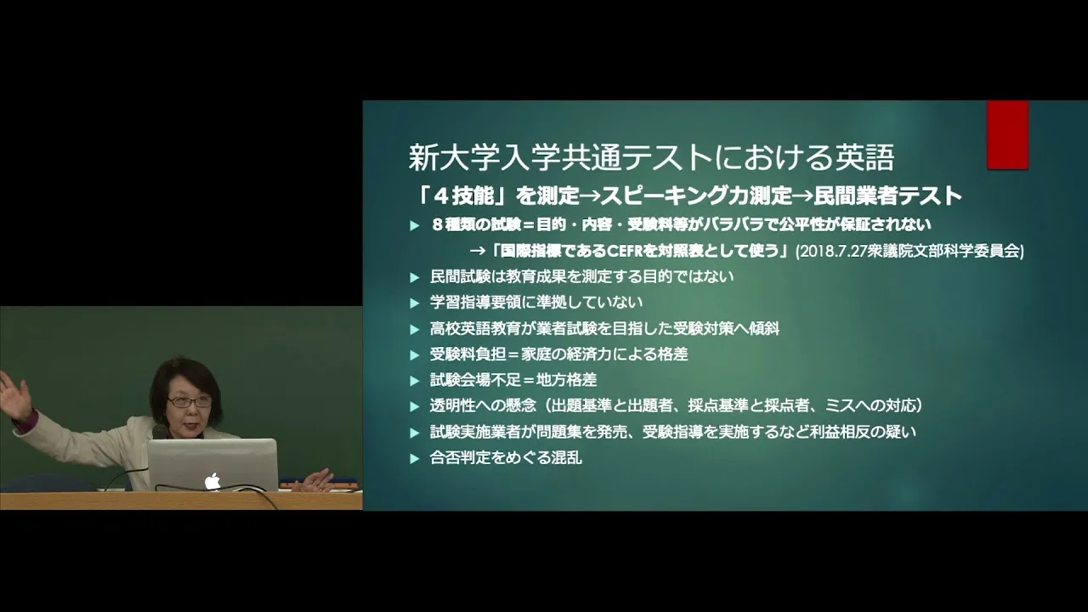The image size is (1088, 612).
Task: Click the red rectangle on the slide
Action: tap(1008, 135)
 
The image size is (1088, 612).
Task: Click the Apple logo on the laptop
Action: tap(212, 481)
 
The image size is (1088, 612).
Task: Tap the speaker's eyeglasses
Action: tap(189, 402)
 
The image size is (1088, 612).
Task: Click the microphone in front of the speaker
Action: tap(159, 431)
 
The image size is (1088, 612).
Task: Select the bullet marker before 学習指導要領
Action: tap(414, 303)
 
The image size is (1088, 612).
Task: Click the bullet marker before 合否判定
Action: tap(414, 458)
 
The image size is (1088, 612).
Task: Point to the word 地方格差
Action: tap(566, 379)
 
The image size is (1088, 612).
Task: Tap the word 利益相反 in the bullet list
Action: tap(841, 431)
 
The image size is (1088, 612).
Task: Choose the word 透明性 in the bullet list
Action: tap(452, 405)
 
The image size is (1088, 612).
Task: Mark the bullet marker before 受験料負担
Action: tap(414, 355)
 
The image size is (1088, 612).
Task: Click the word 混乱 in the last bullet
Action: tap(566, 457)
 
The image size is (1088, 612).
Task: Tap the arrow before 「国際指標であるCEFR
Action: tap(478, 251)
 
